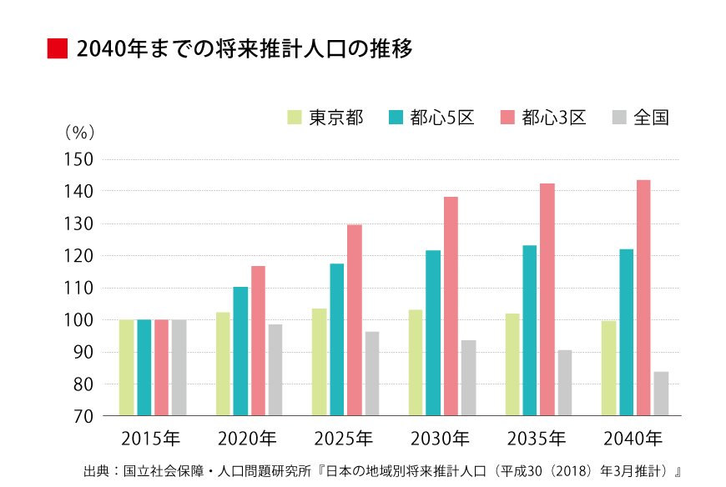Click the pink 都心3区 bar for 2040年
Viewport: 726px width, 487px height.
643,298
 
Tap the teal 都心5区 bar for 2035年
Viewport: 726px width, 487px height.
529,330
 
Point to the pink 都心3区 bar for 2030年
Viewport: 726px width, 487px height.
451,306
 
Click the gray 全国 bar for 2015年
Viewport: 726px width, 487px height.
179,368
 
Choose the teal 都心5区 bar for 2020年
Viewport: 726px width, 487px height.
240,351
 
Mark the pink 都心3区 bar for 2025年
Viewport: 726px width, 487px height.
354,320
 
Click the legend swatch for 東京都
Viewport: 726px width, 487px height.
294,118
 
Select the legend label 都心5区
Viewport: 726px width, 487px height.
442,118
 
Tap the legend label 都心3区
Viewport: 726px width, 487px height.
554,118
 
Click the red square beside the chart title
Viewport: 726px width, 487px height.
56,48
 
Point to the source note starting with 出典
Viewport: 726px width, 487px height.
383,471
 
